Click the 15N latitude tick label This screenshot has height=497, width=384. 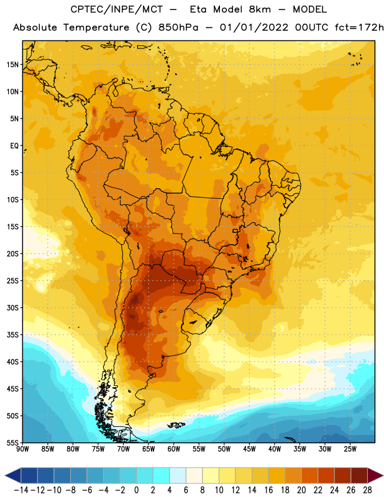click(12, 65)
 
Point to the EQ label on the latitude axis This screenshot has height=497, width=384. click(14, 146)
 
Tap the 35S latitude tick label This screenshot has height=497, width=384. click(12, 335)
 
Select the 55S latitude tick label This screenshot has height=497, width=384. click(12, 443)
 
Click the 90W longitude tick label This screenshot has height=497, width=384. click(22, 449)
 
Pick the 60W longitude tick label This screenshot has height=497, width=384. click(174, 449)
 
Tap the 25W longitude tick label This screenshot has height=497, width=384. click(350, 449)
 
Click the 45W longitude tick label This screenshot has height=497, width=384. click(249, 449)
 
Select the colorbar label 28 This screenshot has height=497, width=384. click(367, 490)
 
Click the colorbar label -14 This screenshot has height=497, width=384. click(21, 490)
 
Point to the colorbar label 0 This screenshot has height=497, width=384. click(136, 490)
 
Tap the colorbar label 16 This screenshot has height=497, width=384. click(268, 490)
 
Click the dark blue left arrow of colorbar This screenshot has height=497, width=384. click(13, 475)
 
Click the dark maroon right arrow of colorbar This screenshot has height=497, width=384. click(375, 475)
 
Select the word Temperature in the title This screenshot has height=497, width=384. click(96, 27)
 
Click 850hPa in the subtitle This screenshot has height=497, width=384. click(178, 27)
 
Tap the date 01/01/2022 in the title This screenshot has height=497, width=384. click(254, 27)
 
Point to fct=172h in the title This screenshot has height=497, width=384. click(359, 27)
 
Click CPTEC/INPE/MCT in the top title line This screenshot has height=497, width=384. click(116, 9)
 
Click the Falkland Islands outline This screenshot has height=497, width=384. click(176, 425)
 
